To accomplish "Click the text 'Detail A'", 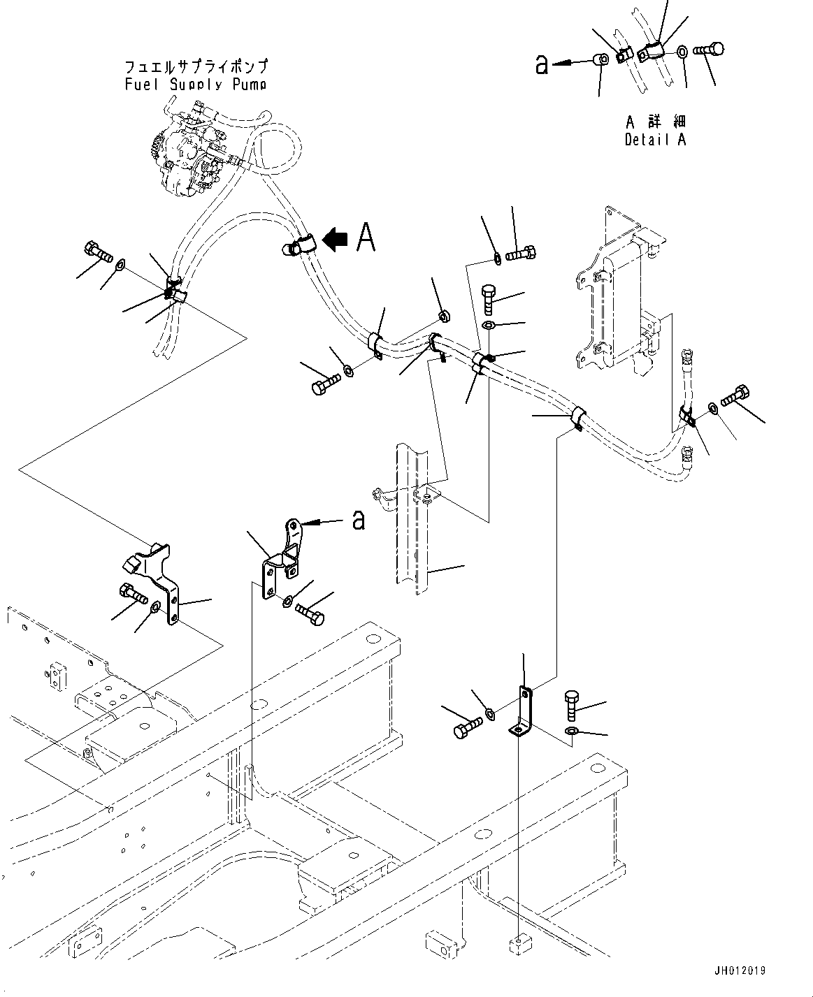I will [x=655, y=140].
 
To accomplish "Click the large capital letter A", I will [x=366, y=237].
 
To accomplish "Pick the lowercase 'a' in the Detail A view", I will [x=541, y=64].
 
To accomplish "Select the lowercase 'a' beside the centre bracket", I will [x=358, y=520].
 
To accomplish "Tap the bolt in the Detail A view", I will [x=708, y=50].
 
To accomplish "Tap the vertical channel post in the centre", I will [x=412, y=531].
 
